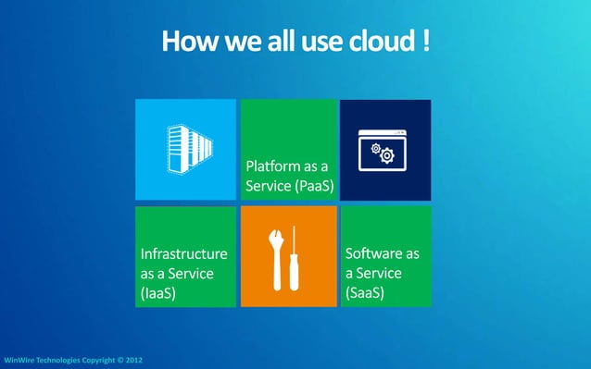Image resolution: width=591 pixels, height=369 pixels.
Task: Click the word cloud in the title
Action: (x=375, y=42)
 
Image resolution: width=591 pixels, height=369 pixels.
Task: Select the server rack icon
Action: (x=188, y=146)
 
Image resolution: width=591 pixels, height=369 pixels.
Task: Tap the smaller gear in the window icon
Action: (x=376, y=148)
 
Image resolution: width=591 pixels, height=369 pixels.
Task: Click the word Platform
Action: (x=272, y=167)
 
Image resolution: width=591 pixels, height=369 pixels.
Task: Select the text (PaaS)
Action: (x=309, y=188)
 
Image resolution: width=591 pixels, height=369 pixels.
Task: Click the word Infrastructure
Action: (x=183, y=253)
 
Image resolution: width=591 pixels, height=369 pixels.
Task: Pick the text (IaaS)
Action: (x=158, y=293)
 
